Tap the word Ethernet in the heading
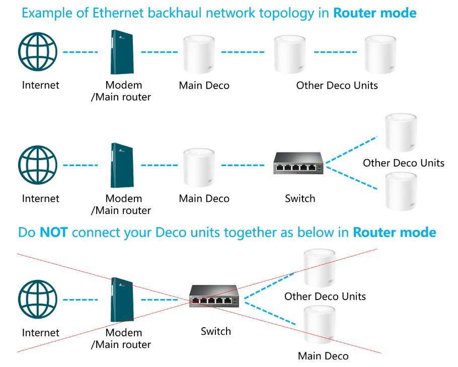114,13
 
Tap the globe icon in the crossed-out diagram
38,300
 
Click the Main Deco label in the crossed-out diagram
323,356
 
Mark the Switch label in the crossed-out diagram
216,331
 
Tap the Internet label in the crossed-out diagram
40,333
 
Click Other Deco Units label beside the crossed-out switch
325,296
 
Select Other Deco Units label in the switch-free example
337,86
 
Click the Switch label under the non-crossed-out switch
300,198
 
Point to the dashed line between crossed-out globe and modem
80,300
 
